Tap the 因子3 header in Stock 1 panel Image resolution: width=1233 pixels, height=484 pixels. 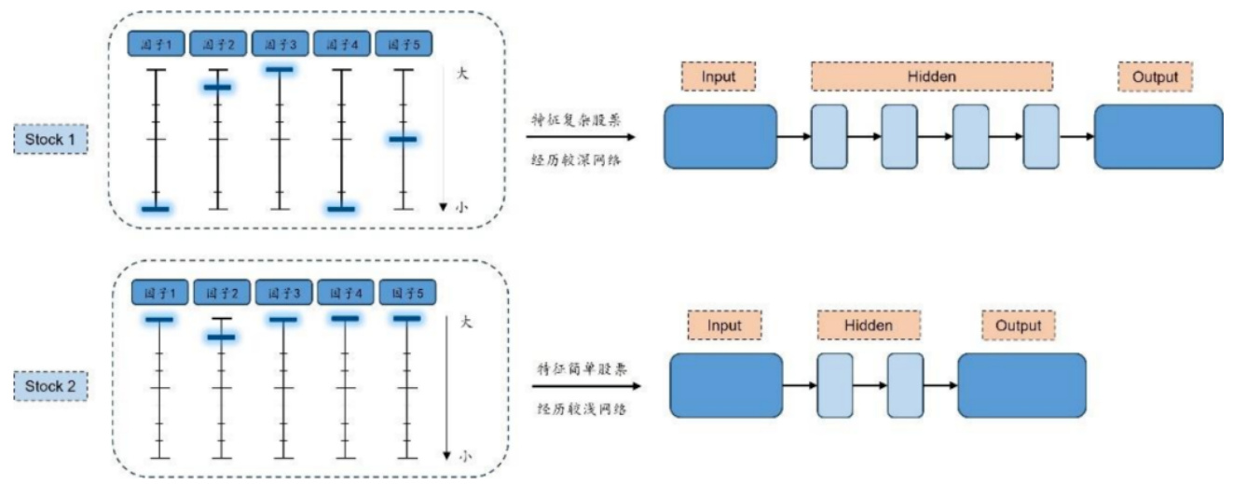coord(280,44)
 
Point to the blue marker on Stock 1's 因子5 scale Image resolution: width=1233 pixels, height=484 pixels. coord(403,139)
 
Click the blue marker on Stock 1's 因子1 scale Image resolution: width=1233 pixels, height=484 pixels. coord(155,209)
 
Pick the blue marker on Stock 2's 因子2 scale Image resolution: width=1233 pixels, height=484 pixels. coord(221,337)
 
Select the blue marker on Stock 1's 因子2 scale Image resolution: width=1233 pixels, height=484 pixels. coord(217,87)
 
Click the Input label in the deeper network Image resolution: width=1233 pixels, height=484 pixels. coord(719,76)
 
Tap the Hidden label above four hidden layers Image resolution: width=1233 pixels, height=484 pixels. coord(931,76)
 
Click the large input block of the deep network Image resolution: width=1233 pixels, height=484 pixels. coord(719,136)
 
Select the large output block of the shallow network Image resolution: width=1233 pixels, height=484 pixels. coord(1021,385)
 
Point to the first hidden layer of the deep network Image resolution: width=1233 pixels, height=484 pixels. coord(829,136)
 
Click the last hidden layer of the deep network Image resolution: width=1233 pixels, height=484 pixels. coord(1040,136)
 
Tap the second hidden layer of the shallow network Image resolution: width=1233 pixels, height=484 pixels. coord(905,385)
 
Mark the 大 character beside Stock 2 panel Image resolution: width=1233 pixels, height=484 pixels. coord(467,322)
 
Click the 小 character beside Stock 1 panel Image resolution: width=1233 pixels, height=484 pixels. coord(461,208)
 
